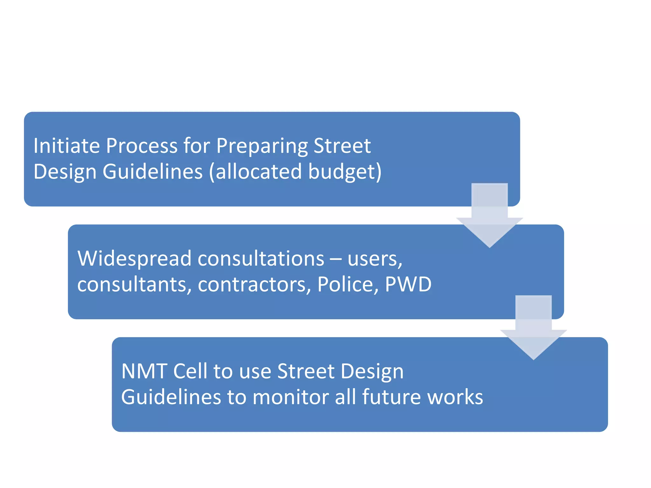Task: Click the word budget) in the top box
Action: [345, 172]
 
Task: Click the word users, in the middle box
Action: [375, 259]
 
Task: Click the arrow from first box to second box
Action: [490, 216]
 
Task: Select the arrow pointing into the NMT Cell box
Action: [533, 329]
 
